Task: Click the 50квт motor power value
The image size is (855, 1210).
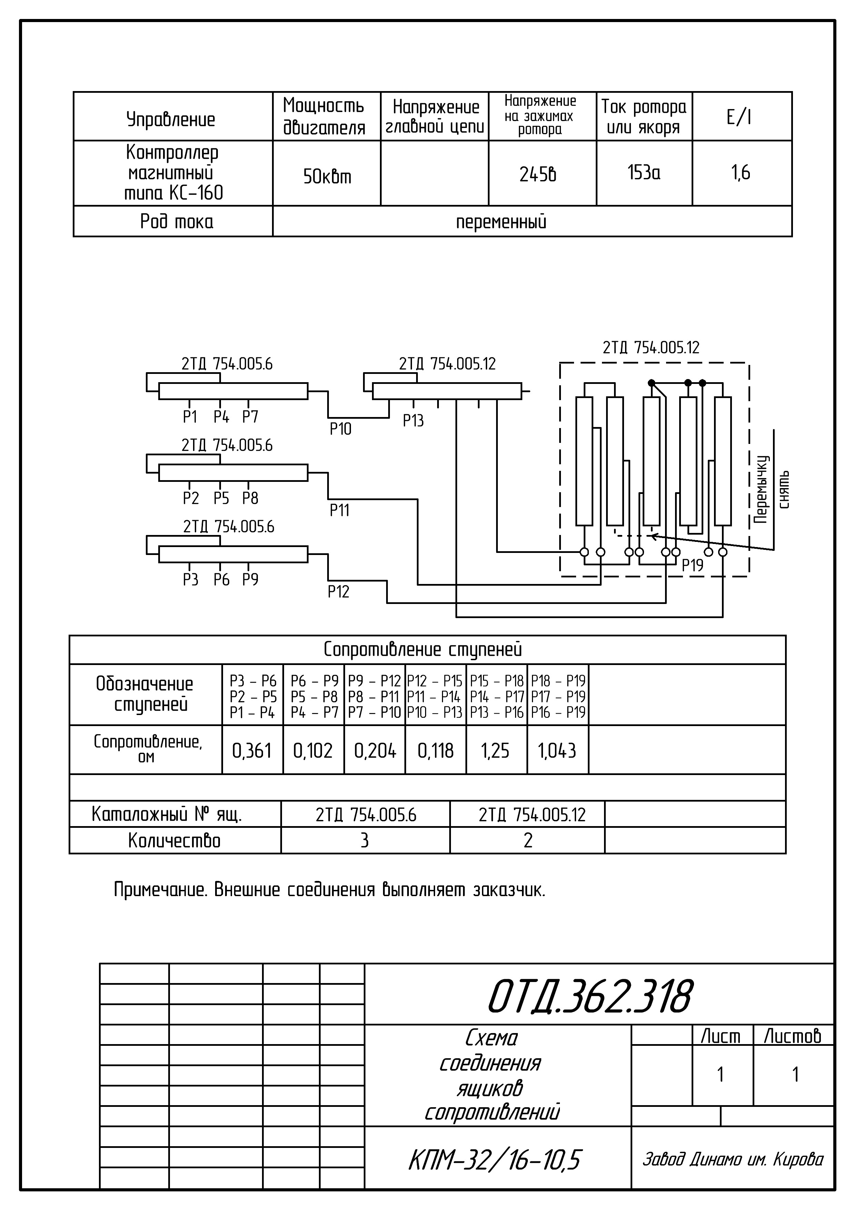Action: pos(326,177)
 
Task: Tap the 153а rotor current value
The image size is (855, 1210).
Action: pos(644,172)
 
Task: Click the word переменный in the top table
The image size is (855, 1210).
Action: pos(501,222)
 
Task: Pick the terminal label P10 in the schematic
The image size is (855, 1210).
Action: pos(340,429)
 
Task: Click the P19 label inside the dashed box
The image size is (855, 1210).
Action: pos(692,565)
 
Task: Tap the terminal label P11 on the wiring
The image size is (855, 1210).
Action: pos(339,510)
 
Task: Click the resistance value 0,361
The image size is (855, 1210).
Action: pos(252,751)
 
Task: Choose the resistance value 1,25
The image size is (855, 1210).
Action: pos(495,751)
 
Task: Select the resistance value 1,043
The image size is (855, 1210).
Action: pos(557,751)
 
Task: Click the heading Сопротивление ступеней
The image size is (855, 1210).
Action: pos(422,650)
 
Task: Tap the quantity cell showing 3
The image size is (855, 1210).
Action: pos(364,841)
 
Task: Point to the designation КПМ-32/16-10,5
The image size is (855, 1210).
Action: pos(494,1160)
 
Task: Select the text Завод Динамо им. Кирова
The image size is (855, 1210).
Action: pos(733,1159)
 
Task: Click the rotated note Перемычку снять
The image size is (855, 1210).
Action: pos(771,489)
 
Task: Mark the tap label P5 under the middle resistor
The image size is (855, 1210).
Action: pos(221,498)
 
